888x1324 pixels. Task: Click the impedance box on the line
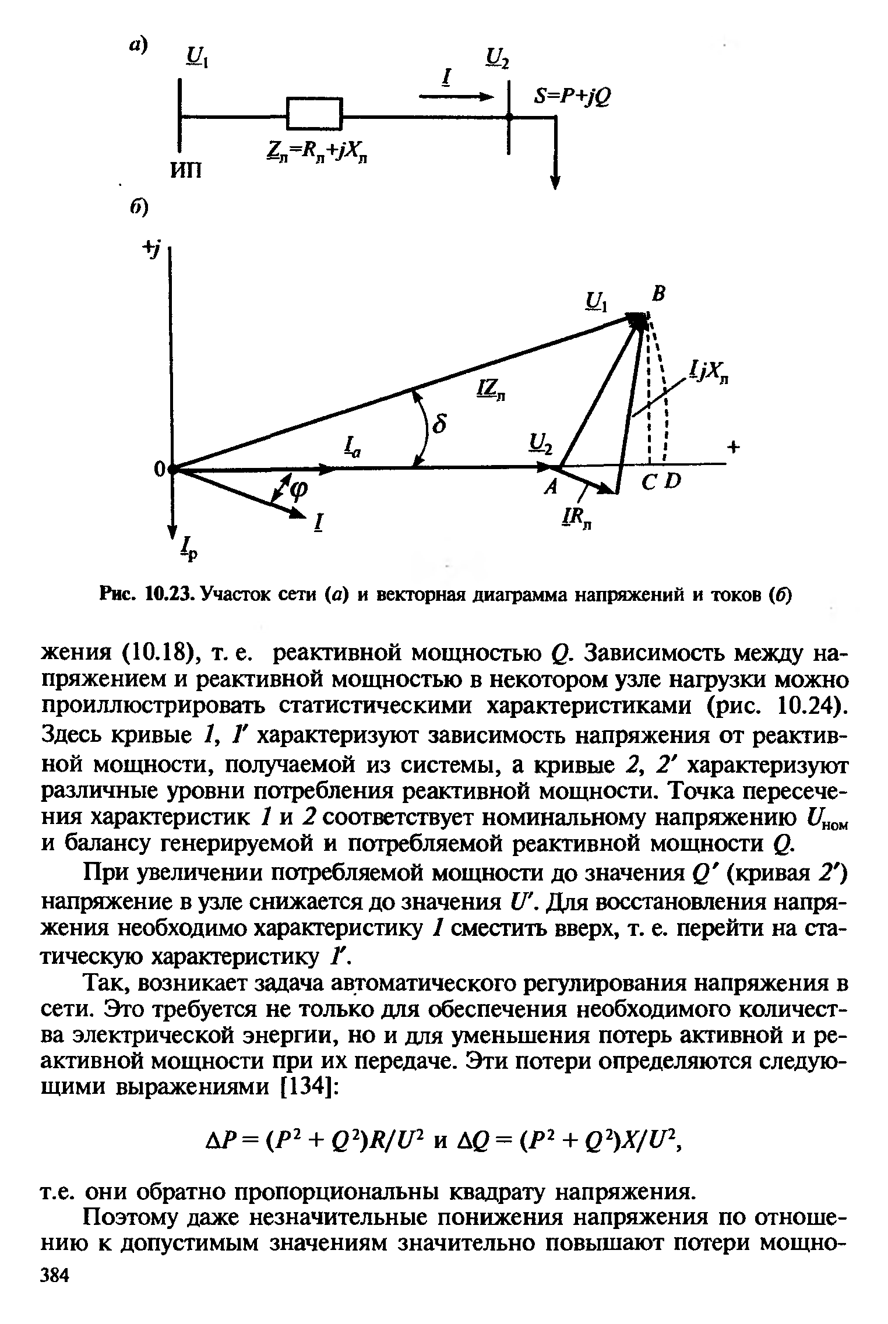tap(313, 113)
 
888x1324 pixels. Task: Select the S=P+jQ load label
tap(572, 96)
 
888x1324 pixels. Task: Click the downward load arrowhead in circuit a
tap(554, 182)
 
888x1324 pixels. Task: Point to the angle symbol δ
tap(442, 424)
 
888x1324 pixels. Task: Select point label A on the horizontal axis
tap(548, 488)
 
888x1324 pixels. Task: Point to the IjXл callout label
tap(709, 373)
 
